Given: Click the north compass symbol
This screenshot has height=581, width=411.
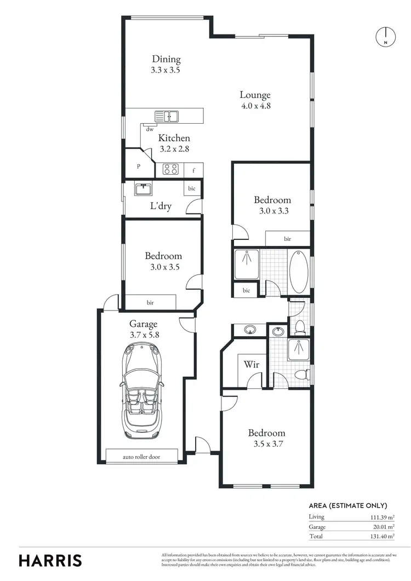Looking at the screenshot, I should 386,36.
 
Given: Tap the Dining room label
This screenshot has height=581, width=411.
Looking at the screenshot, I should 166,60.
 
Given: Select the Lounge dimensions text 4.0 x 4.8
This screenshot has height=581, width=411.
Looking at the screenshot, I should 255,106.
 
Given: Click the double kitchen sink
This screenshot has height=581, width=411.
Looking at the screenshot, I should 167,116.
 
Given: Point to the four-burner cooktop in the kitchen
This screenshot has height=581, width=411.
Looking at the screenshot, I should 170,170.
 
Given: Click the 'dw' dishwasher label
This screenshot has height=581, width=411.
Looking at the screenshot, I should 149,129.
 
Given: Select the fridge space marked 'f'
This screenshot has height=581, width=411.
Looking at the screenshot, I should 193,170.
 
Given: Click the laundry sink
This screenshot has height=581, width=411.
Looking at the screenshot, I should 144,189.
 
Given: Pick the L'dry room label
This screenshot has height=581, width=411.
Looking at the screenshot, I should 161,206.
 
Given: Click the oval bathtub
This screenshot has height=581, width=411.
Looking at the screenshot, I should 299,271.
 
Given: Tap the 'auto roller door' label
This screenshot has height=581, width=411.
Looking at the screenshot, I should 142,457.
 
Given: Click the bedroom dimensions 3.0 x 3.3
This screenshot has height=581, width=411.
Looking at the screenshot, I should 272,210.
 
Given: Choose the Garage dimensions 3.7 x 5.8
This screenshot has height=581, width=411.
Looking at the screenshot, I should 143,335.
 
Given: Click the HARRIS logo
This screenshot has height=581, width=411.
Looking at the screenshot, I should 50,560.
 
